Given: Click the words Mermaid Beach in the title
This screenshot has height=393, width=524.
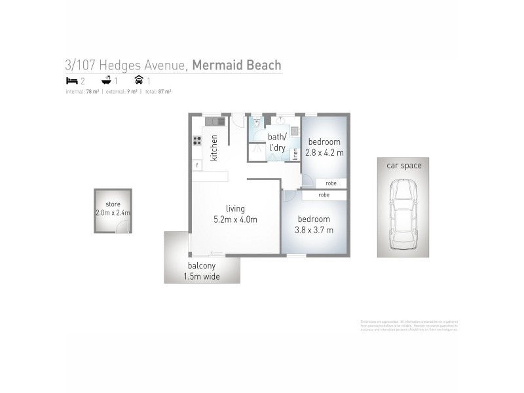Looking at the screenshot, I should [x=236, y=65].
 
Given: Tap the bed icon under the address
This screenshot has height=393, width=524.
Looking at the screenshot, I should [x=72, y=81].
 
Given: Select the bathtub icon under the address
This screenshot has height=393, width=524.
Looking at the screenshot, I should [x=106, y=81].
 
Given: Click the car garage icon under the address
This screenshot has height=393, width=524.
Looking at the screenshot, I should [x=138, y=81].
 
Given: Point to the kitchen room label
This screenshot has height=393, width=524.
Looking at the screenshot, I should [x=214, y=147].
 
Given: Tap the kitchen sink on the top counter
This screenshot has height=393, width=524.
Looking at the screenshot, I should [x=214, y=121].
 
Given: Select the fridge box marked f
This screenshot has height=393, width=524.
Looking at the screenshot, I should [x=196, y=166].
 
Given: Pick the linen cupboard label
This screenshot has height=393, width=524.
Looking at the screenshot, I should [x=295, y=155].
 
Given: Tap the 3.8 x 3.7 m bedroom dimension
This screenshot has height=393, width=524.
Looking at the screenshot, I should [x=315, y=230].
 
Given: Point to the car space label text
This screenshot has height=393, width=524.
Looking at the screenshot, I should [x=403, y=166].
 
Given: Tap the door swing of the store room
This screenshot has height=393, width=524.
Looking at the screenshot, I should [x=121, y=227].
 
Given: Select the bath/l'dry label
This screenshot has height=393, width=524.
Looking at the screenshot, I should [x=277, y=142].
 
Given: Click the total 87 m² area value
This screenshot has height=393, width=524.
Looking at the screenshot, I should [x=164, y=92].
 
